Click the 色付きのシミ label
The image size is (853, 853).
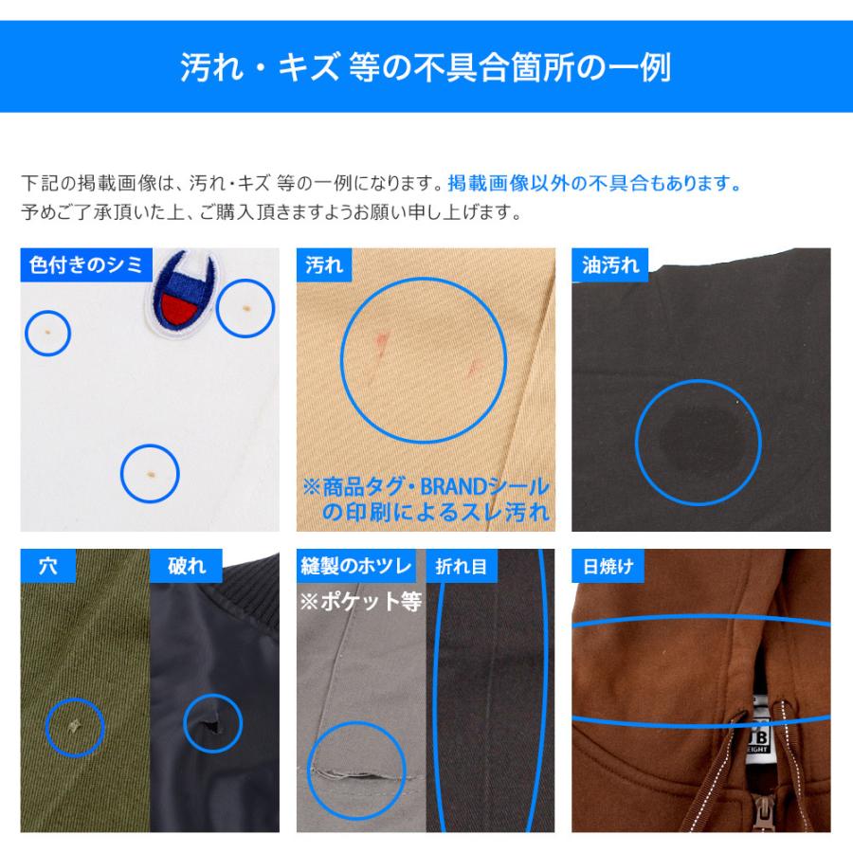[x=86, y=265]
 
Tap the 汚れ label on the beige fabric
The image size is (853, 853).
[x=324, y=265]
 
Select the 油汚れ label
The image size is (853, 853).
[x=609, y=265]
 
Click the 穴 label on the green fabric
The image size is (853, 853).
[x=48, y=566]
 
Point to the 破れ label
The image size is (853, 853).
[x=186, y=566]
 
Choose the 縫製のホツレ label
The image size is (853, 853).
[x=355, y=566]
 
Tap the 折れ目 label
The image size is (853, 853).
[x=461, y=566]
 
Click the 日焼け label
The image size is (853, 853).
[x=608, y=566]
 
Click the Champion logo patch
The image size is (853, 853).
[x=182, y=297]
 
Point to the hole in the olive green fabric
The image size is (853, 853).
[x=75, y=726]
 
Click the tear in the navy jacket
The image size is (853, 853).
[x=209, y=726]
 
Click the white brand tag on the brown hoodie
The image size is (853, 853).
[x=759, y=732]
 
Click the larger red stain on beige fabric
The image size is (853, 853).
[x=381, y=344]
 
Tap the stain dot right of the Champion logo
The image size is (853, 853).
[x=245, y=308]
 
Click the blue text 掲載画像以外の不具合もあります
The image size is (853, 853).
[x=594, y=183]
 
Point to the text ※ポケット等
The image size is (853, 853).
[x=361, y=602]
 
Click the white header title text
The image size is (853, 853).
[x=426, y=67]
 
